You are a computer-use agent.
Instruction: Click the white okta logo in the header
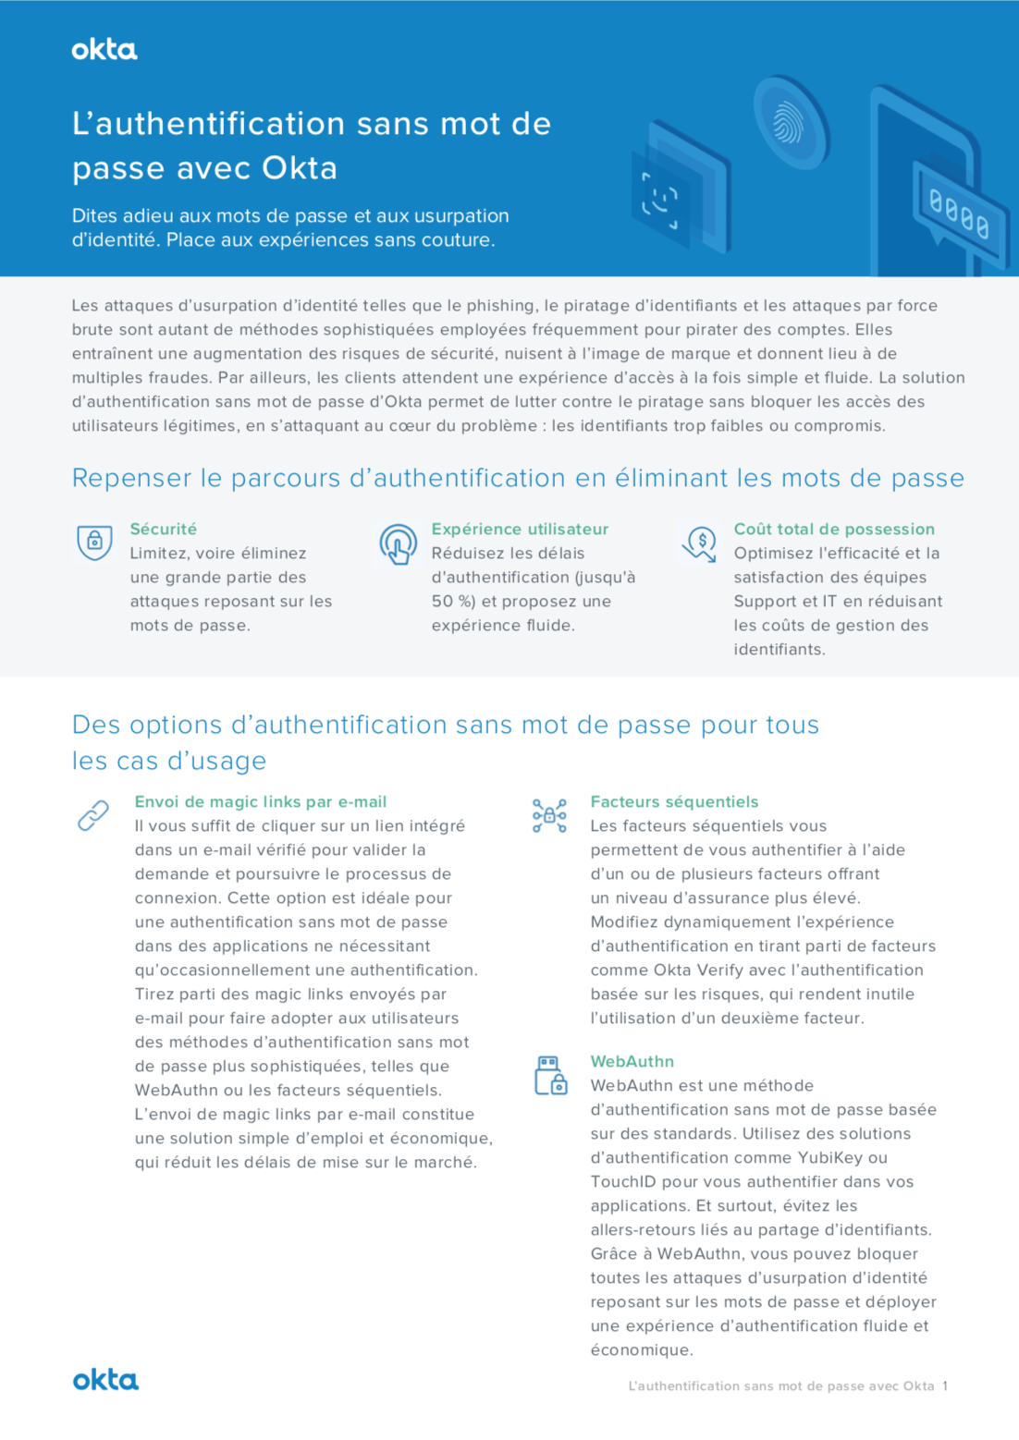[x=104, y=50]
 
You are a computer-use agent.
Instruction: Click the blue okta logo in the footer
[x=105, y=1380]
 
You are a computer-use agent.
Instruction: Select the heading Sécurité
[x=164, y=529]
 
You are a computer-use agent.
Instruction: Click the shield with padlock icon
[x=94, y=542]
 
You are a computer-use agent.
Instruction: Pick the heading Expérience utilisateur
[x=520, y=529]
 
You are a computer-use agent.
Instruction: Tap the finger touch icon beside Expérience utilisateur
[x=398, y=543]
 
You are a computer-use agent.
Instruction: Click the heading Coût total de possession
[x=834, y=529]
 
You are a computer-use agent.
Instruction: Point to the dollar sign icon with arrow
[x=700, y=543]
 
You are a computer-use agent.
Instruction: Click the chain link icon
[x=93, y=815]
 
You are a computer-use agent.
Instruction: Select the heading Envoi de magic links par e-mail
[x=261, y=801]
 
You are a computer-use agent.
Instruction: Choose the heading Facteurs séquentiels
[x=674, y=801]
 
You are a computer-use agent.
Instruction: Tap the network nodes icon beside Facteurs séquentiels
[x=549, y=815]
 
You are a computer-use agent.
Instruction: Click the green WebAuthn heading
[x=632, y=1061]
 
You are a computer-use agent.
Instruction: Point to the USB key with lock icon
[x=550, y=1076]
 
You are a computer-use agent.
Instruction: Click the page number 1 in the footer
[x=945, y=1385]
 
